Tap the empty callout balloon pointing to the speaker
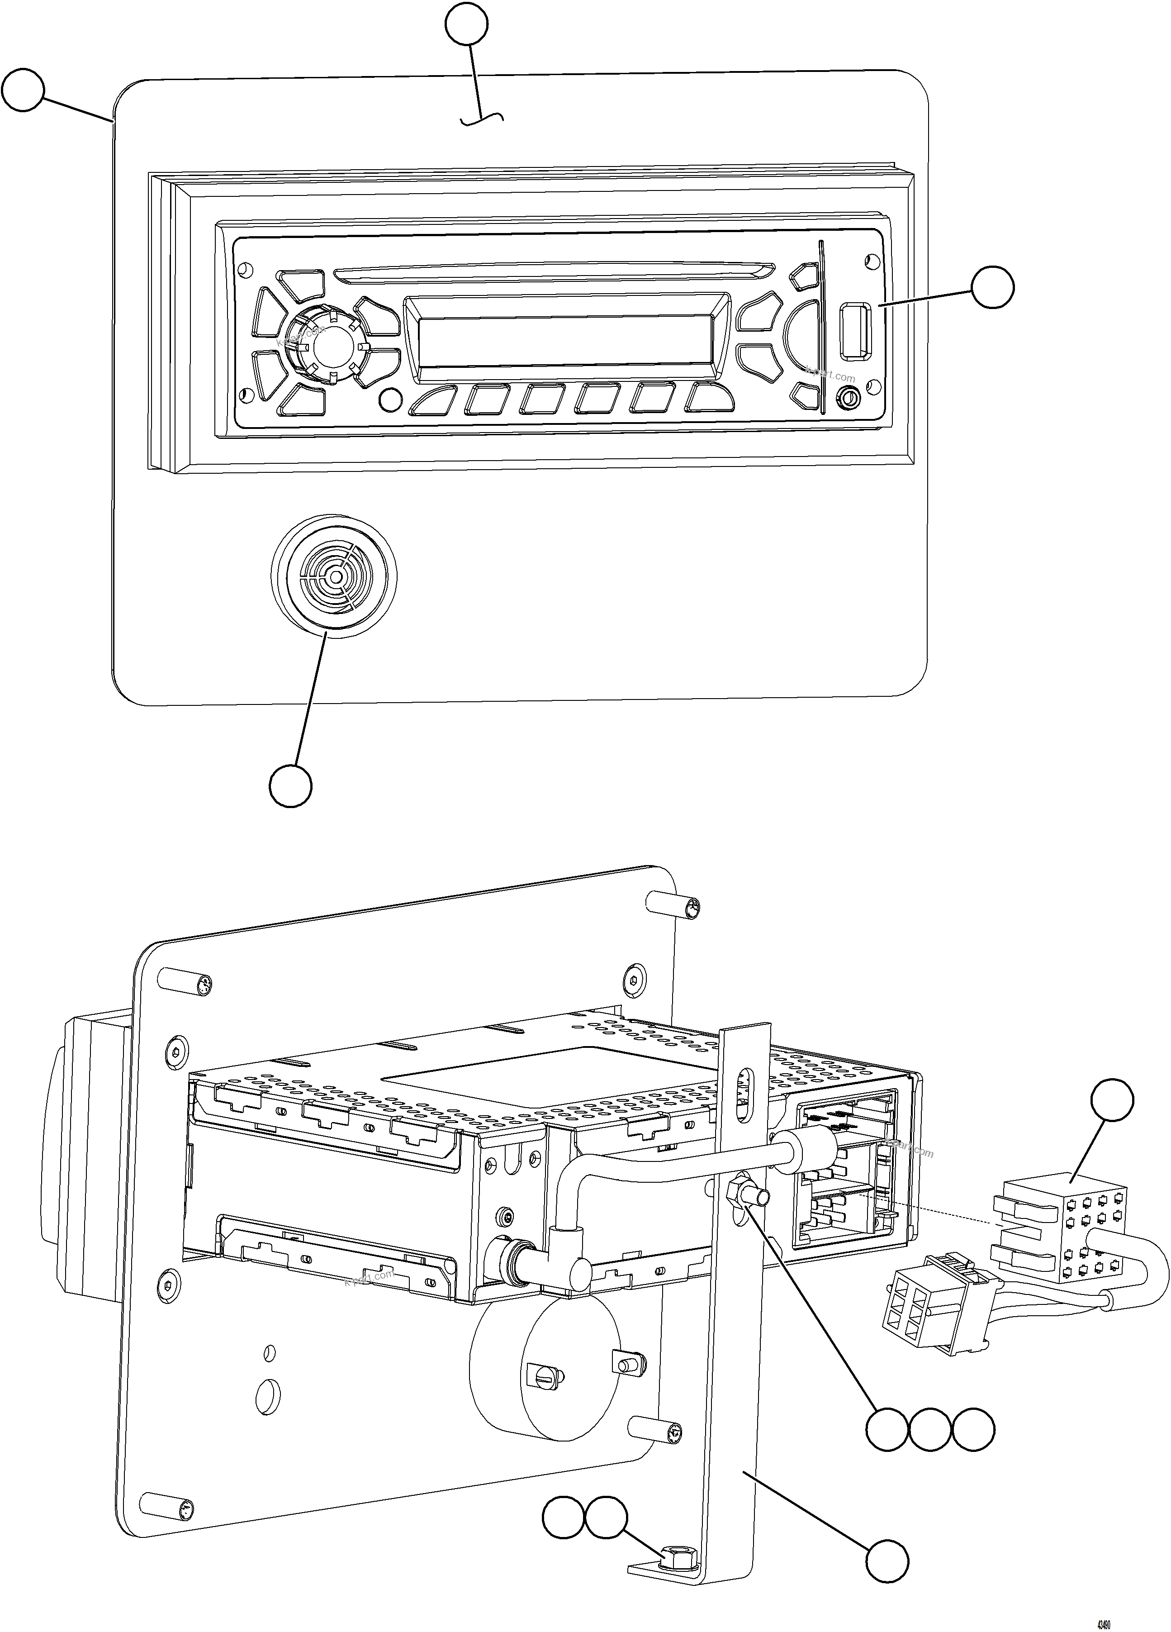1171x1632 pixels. click(290, 786)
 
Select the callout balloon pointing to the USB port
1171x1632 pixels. click(993, 287)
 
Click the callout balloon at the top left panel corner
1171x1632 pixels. click(23, 90)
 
